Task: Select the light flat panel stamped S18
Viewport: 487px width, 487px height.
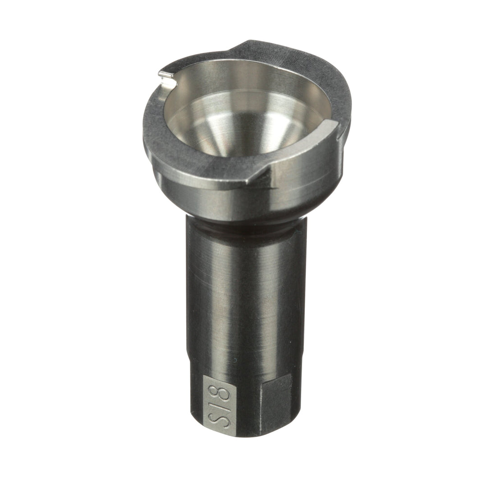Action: click(219, 405)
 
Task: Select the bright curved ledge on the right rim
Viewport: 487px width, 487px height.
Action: click(307, 144)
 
